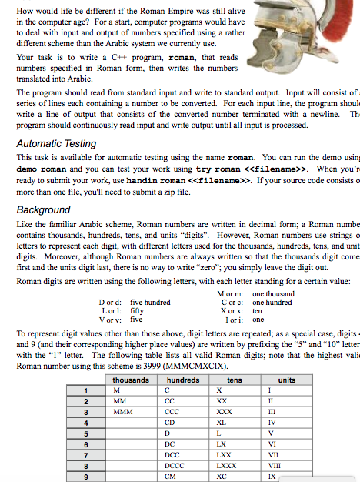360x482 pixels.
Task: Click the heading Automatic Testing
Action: pos(56,143)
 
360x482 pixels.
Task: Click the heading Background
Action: pos(43,209)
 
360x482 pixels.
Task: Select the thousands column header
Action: pos(131,380)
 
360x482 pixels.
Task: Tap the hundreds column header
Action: pos(182,380)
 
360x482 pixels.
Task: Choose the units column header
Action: pos(286,380)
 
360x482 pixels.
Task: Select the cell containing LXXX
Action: pos(227,465)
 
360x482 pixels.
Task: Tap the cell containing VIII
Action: pos(285,465)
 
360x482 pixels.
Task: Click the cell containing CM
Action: pos(172,476)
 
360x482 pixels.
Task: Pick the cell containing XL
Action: pos(222,422)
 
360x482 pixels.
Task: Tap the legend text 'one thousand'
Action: pos(273,293)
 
